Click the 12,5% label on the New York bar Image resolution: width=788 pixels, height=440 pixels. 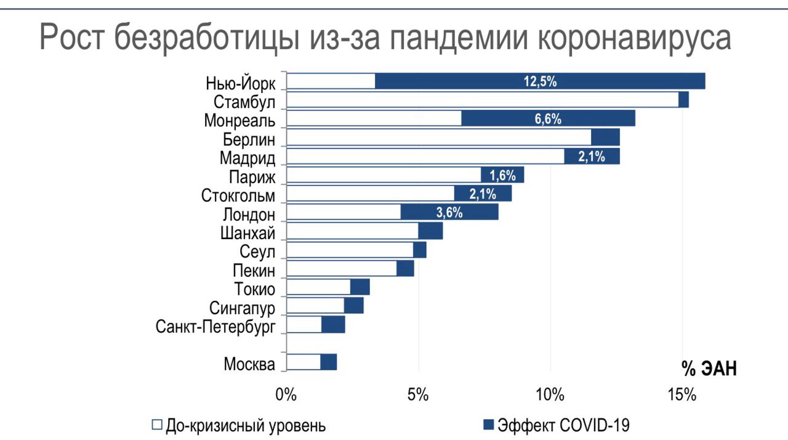[x=540, y=81]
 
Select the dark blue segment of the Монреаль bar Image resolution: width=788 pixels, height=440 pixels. [x=548, y=119]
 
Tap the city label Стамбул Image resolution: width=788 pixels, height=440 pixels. [x=244, y=102]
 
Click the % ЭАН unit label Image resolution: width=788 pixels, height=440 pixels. [x=709, y=369]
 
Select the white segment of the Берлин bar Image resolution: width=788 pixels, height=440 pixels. [x=439, y=137]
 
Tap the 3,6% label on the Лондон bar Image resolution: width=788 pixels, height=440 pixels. [x=449, y=213]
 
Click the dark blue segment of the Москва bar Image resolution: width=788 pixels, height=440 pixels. [x=328, y=362]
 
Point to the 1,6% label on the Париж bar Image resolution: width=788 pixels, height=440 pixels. [x=502, y=176]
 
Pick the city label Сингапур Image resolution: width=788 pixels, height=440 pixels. [x=242, y=308]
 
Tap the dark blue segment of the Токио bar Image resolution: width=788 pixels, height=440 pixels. [x=360, y=287]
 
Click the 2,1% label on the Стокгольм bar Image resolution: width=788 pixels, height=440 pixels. [x=483, y=194]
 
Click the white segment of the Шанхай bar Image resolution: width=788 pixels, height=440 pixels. [x=352, y=231]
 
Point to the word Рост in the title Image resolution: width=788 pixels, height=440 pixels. [x=73, y=38]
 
